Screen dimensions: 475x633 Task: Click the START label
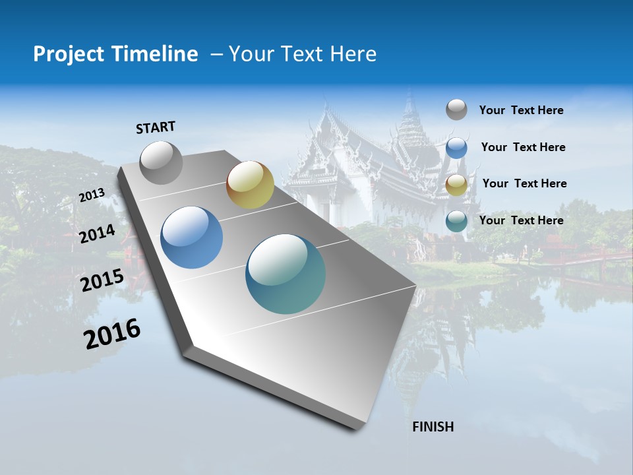[x=156, y=127]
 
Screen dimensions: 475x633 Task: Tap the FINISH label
[x=433, y=427]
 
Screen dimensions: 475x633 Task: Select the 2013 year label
[x=92, y=195]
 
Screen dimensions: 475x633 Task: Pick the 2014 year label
[x=98, y=234]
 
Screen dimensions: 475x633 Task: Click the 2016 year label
[x=112, y=334]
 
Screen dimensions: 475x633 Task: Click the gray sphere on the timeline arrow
[x=162, y=162]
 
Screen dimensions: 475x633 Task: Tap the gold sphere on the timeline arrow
[x=250, y=185]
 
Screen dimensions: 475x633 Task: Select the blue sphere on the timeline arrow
[x=192, y=237]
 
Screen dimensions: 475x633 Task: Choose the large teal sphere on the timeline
[x=286, y=274]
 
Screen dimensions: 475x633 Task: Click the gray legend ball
[x=456, y=110]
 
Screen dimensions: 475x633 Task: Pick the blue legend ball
[x=456, y=148]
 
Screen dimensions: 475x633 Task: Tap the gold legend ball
[x=456, y=185]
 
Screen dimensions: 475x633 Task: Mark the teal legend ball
[x=456, y=221]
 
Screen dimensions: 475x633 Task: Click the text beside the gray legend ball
[x=521, y=111]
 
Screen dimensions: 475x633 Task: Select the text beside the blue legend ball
[x=523, y=147]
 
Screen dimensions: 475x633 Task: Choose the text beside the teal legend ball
[x=521, y=220]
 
